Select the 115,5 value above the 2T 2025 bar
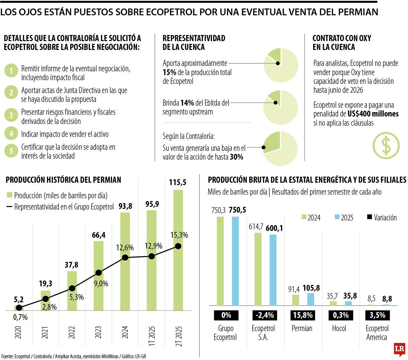pyautogui.click(x=178, y=183)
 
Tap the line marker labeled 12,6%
pyautogui.click(x=125, y=257)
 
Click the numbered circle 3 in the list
pyautogui.click(x=11, y=115)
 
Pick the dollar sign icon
pyautogui.click(x=386, y=146)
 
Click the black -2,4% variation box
pyautogui.click(x=264, y=315)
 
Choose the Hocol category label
pyautogui.click(x=339, y=328)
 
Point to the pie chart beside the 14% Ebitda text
pyautogui.click(x=280, y=107)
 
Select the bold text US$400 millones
pyautogui.click(x=373, y=114)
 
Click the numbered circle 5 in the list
pyautogui.click(x=11, y=151)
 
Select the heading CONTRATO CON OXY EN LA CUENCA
pyautogui.click(x=342, y=42)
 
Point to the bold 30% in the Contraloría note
pyautogui.click(x=237, y=157)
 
